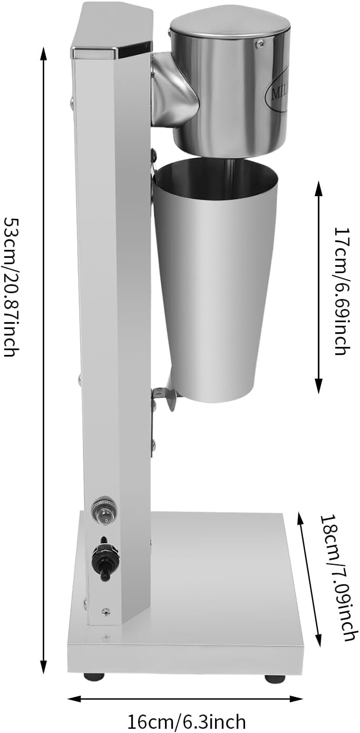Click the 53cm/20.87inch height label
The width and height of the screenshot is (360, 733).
(12, 285)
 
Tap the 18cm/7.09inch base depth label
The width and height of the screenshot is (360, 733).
(337, 577)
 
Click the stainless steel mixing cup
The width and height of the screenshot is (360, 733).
(215, 279)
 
